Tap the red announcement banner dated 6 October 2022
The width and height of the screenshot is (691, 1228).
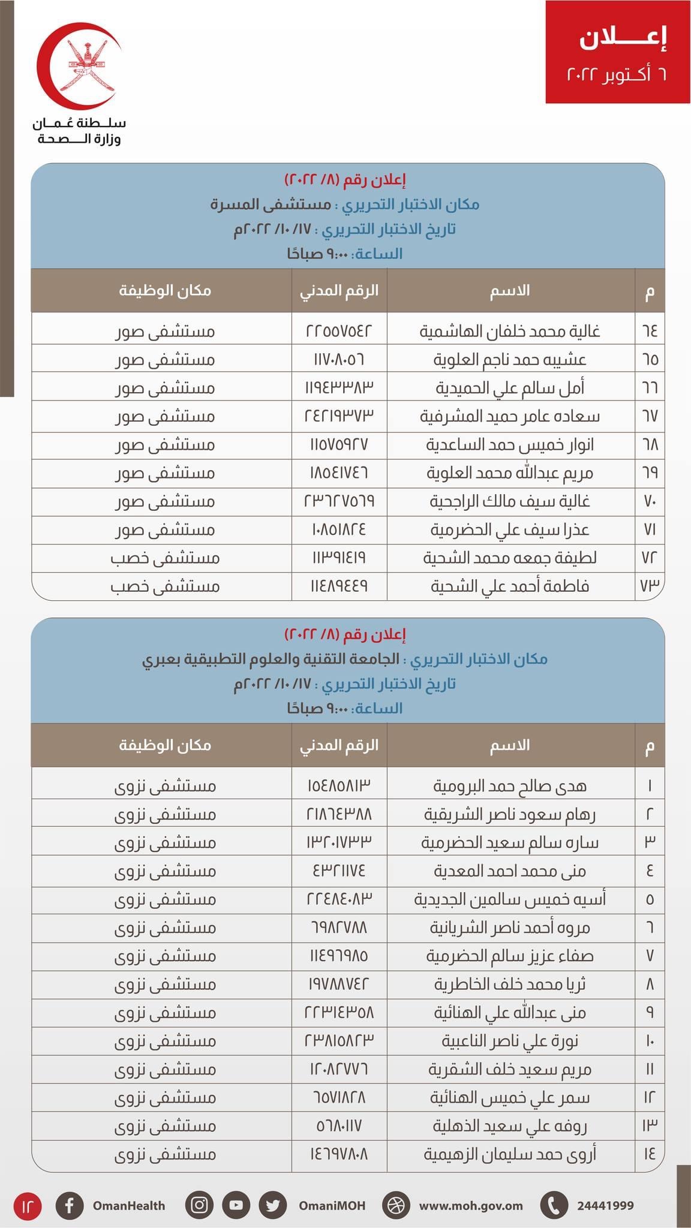617,52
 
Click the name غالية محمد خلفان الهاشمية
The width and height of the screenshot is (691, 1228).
510,331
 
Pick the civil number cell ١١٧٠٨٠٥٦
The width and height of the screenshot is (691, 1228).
339,359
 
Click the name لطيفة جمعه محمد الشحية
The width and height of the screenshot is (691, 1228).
510,558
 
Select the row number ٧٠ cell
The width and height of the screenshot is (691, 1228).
650,501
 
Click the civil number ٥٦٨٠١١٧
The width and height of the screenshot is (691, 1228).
339,1126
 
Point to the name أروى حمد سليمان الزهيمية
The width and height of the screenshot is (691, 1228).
510,1154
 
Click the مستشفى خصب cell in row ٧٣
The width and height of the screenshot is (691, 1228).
165,586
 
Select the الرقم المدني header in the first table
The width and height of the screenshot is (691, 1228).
339,291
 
